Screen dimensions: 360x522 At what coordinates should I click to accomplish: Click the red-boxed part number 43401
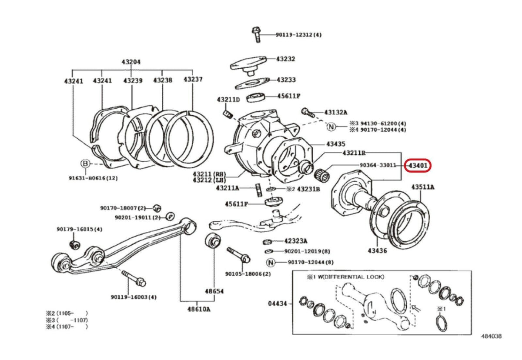(418, 165)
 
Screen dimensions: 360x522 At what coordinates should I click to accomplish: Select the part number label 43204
(131, 62)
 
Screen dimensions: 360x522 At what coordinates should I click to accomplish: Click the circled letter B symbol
(85, 163)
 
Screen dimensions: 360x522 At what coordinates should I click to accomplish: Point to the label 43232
(286, 59)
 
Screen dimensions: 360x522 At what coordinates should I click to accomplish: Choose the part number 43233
(286, 80)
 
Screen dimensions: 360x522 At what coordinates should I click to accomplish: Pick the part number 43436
(377, 250)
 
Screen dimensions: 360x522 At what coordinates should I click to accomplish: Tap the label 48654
(214, 291)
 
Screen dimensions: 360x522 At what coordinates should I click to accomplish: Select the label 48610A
(199, 309)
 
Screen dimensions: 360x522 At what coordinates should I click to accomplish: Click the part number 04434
(277, 303)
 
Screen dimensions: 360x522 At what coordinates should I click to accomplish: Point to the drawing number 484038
(491, 336)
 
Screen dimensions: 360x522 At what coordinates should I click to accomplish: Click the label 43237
(193, 80)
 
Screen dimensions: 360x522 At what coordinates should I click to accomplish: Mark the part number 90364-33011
(378, 165)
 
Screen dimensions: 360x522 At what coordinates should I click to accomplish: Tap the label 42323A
(296, 241)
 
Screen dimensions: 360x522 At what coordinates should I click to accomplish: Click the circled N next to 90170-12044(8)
(271, 262)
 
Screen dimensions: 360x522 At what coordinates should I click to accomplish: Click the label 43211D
(228, 100)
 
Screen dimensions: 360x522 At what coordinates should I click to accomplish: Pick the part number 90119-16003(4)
(134, 297)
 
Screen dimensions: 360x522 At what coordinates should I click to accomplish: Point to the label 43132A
(336, 112)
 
